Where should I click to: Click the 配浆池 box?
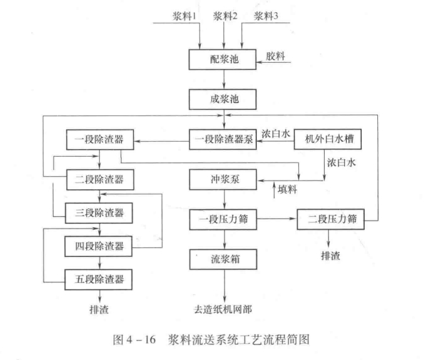pos(223,58)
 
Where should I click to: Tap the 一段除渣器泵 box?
pos(223,139)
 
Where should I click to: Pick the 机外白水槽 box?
pos(327,139)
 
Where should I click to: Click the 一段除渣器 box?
pos(100,139)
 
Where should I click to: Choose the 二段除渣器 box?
pos(100,176)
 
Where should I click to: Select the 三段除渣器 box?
pos(100,211)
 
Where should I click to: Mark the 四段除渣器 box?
pos(100,246)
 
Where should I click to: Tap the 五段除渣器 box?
pos(100,280)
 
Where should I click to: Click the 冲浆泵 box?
pos(223,177)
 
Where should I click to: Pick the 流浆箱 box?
pos(223,259)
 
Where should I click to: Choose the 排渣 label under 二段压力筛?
pos(332,255)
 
